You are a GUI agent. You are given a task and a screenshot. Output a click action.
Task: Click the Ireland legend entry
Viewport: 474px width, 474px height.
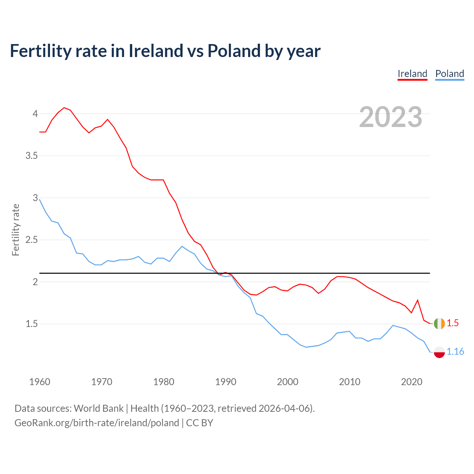[x=412, y=74]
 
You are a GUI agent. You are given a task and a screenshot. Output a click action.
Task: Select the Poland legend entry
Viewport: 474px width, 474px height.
[x=450, y=74]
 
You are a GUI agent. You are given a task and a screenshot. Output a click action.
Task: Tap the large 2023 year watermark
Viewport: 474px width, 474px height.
[x=391, y=117]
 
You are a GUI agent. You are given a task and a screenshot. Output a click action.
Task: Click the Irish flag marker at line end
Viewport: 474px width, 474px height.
[x=439, y=323]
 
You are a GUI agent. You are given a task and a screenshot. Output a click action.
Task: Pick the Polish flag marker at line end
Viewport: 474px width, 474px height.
[x=439, y=352]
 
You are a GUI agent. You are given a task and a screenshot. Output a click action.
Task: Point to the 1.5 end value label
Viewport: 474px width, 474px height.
[x=453, y=323]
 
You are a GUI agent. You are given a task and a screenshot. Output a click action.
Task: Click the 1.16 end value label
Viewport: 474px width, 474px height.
[x=455, y=352]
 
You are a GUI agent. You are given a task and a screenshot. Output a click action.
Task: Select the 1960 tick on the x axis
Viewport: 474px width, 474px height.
[x=40, y=382]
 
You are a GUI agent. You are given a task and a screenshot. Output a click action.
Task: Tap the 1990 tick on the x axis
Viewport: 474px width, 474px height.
[x=226, y=382]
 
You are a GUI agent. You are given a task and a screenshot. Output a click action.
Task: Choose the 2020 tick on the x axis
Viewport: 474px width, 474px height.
[x=411, y=382]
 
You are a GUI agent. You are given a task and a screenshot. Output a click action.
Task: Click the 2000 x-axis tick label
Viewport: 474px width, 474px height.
[x=287, y=382]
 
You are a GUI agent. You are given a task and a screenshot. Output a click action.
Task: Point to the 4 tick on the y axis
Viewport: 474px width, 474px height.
[x=35, y=114]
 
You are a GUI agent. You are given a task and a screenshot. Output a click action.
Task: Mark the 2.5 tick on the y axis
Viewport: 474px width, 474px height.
[x=31, y=240]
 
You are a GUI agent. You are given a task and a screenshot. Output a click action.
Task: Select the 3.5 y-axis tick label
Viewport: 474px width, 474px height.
[x=31, y=156]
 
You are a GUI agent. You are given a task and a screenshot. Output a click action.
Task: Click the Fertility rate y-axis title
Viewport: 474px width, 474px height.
[x=16, y=230]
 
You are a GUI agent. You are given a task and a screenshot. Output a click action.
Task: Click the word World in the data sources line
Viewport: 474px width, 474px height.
[x=86, y=408]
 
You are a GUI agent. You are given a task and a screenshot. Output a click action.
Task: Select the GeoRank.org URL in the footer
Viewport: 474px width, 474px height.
[x=97, y=423]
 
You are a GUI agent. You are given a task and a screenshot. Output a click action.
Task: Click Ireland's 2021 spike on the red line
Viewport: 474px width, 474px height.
[x=418, y=300]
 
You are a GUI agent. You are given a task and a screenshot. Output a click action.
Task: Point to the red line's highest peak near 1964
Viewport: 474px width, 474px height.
[x=64, y=108]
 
